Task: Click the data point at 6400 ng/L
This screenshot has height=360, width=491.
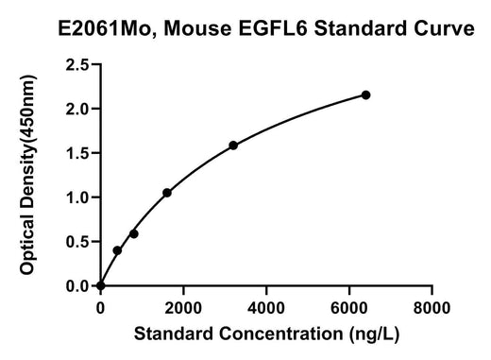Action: tap(365, 94)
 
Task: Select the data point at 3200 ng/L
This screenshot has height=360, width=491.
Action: tap(233, 146)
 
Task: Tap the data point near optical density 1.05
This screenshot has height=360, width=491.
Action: tap(167, 193)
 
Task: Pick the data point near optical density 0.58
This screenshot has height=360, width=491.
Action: tap(134, 234)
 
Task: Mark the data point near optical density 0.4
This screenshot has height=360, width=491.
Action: tap(117, 250)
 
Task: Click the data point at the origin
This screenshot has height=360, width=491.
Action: tap(101, 285)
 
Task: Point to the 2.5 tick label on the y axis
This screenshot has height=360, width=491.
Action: tap(77, 65)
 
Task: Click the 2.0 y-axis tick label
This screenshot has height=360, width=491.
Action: tap(77, 109)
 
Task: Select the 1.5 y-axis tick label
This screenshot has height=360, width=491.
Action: tap(77, 153)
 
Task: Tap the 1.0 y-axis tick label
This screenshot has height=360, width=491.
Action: tap(77, 197)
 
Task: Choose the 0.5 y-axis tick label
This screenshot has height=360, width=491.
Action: tap(77, 242)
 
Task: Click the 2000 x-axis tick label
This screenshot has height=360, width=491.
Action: tap(183, 308)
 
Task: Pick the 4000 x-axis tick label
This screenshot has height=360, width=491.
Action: tap(266, 308)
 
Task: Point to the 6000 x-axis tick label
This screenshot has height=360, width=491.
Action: tap(349, 308)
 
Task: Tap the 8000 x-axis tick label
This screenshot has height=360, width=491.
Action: tap(432, 308)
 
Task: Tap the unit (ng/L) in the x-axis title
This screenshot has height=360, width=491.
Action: tap(374, 334)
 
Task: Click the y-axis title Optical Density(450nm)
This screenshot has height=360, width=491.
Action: tap(28, 175)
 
